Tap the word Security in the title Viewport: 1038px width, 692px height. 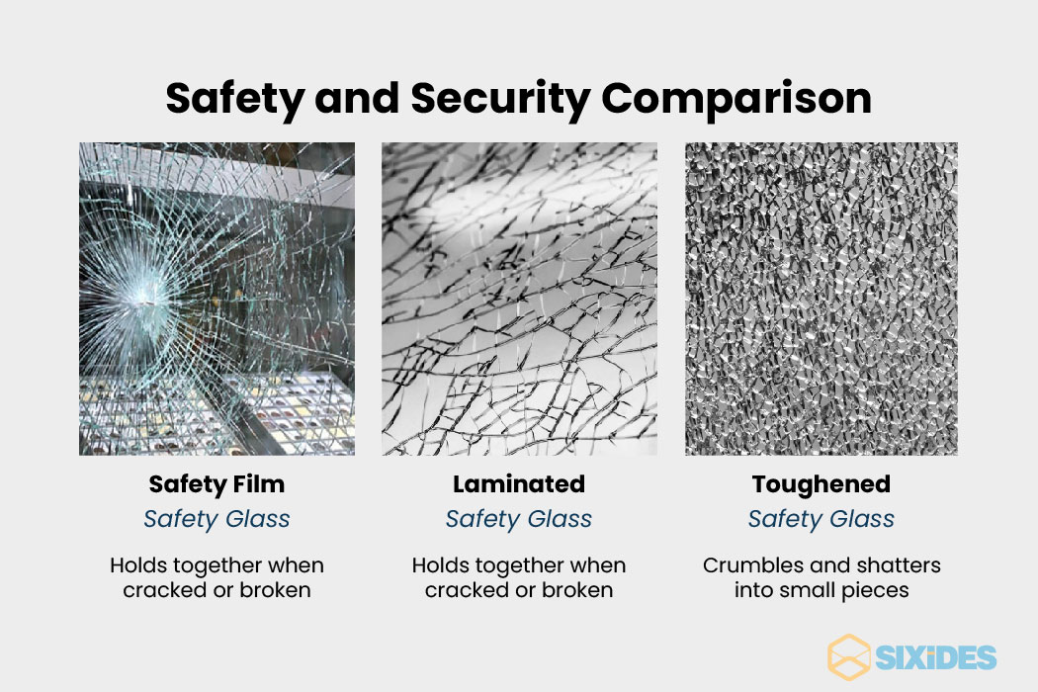click(x=494, y=99)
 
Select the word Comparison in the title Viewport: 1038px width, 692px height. click(x=736, y=99)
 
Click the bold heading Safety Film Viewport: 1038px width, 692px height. click(x=216, y=484)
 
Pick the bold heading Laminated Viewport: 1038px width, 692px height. click(x=519, y=484)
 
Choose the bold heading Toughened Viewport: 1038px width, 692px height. click(x=821, y=484)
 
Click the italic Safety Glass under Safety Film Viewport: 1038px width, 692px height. click(x=216, y=519)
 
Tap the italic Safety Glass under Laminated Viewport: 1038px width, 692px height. click(x=519, y=519)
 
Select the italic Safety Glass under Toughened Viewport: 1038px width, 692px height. click(x=821, y=519)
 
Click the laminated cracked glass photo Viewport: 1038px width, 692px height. click(x=519, y=299)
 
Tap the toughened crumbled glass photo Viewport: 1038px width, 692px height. click(x=821, y=299)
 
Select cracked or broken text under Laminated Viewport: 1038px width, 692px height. click(x=519, y=590)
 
